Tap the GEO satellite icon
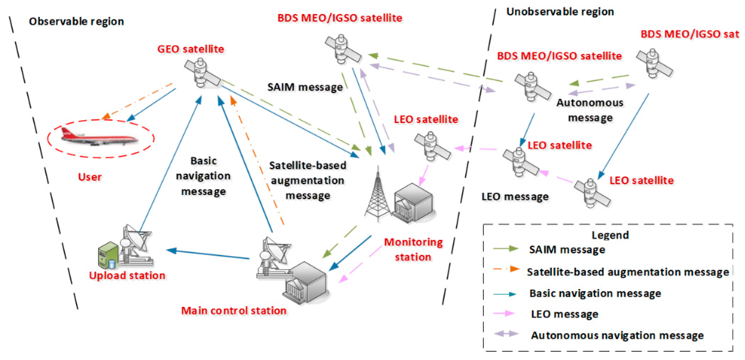(x=202, y=73)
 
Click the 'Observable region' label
(x=76, y=21)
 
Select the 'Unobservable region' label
(x=560, y=12)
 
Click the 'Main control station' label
(x=234, y=310)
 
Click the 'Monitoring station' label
(x=413, y=249)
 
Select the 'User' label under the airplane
(x=90, y=177)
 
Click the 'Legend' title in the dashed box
(x=610, y=235)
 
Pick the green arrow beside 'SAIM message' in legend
(x=505, y=249)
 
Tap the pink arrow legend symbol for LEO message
(x=504, y=313)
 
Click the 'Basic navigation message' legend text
(x=595, y=293)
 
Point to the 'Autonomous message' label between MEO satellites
(x=590, y=110)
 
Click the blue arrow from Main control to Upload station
(x=208, y=254)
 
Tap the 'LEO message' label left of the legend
(x=515, y=197)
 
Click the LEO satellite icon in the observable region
(x=432, y=146)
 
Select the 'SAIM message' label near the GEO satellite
(x=305, y=87)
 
